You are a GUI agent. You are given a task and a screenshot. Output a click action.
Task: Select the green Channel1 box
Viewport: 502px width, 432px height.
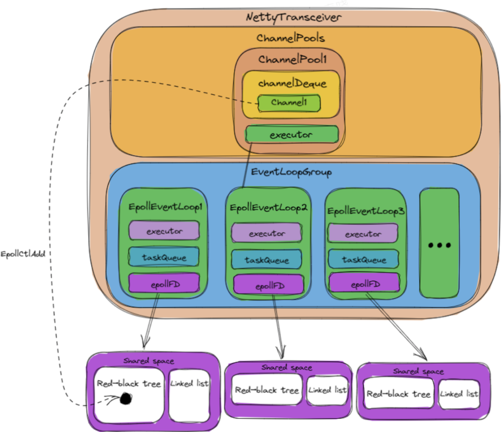click(290, 102)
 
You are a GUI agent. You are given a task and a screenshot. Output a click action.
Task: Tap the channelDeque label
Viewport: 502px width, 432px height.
click(291, 84)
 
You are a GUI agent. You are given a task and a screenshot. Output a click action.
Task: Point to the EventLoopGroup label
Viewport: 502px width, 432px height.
click(291, 172)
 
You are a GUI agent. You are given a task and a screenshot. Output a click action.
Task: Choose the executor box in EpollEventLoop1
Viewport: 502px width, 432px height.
click(164, 230)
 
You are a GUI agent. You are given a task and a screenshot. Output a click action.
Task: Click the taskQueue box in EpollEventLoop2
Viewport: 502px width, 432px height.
click(267, 260)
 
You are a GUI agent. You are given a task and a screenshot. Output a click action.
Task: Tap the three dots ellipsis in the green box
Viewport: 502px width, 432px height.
click(439, 245)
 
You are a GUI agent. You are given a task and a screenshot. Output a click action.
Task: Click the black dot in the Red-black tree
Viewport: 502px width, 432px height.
click(125, 398)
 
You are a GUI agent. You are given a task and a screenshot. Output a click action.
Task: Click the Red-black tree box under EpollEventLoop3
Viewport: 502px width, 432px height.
click(398, 394)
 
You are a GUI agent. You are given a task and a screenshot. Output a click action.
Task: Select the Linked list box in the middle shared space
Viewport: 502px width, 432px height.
click(327, 390)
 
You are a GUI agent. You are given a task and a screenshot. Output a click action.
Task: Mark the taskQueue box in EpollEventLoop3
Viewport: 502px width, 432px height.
click(363, 259)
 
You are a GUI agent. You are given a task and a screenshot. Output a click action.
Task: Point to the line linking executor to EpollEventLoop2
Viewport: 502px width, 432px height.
click(247, 165)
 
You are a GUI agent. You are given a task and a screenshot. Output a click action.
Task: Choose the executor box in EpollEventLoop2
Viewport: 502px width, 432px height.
click(267, 234)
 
